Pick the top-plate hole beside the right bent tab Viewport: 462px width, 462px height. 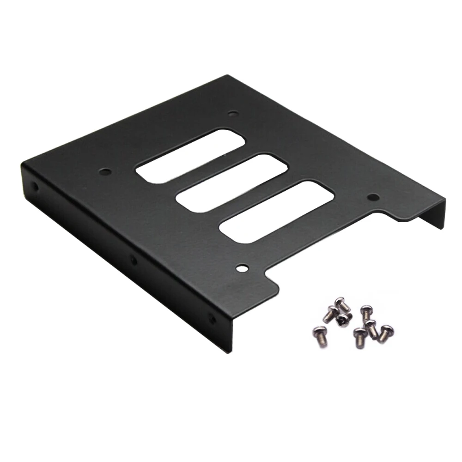pyautogui.click(x=373, y=197)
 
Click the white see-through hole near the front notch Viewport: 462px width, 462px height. pyautogui.click(x=242, y=267)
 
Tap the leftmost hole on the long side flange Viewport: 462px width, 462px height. pyautogui.click(x=34, y=187)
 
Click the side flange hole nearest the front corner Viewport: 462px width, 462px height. pyautogui.click(x=212, y=318)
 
